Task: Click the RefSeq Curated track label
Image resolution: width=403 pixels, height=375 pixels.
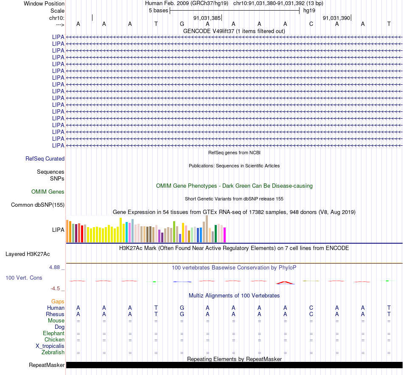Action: tap(45, 158)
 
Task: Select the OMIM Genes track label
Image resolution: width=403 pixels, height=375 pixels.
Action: tap(48, 192)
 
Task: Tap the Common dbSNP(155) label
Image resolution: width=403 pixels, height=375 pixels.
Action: tap(38, 205)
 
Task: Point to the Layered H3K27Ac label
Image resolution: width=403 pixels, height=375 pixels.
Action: tap(28, 254)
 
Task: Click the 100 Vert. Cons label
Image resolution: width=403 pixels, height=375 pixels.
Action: tap(24, 278)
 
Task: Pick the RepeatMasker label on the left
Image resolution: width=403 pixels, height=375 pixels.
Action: tap(47, 365)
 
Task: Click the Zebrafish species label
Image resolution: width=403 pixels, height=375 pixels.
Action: tap(53, 353)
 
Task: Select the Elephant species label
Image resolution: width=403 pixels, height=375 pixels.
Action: tap(54, 333)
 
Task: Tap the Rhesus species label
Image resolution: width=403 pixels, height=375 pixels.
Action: tap(55, 314)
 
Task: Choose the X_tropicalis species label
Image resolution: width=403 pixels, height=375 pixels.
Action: tap(50, 346)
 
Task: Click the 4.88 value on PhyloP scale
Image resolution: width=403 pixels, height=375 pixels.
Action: tap(54, 267)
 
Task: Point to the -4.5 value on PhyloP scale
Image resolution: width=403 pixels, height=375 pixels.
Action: tap(55, 289)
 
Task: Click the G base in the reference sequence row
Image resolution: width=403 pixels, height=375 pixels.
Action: tap(182, 24)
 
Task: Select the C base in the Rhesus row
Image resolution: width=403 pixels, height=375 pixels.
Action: tap(311, 314)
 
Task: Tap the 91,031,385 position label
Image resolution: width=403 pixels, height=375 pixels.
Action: tap(207, 18)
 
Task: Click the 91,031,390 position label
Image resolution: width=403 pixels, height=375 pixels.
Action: tap(336, 18)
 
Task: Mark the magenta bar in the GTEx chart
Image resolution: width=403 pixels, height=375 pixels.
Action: tap(225, 235)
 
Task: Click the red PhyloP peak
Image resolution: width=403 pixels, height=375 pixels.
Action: tap(285, 283)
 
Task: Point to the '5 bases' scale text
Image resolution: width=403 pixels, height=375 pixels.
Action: tap(158, 11)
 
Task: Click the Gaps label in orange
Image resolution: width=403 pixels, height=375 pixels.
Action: tap(58, 301)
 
